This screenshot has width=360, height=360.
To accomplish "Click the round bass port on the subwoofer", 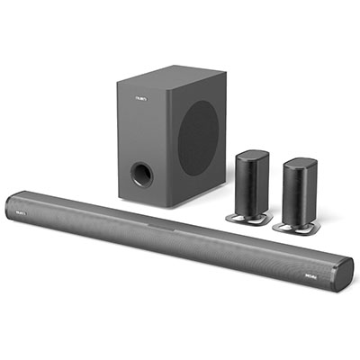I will [140, 173].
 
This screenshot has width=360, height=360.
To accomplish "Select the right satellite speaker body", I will [299, 191].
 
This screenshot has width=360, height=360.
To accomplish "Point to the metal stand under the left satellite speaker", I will [240, 218].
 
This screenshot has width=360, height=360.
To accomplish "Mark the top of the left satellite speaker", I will [253, 154].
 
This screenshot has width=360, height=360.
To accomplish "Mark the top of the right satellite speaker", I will [300, 161].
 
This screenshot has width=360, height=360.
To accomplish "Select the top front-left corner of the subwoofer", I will [118, 78].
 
